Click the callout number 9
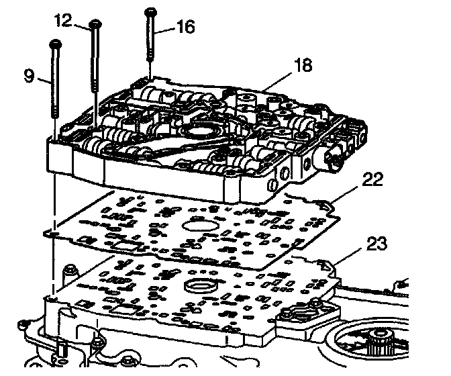28,76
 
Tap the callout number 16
185,27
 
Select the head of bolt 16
149,11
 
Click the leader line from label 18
274,82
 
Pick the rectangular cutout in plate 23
124,312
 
